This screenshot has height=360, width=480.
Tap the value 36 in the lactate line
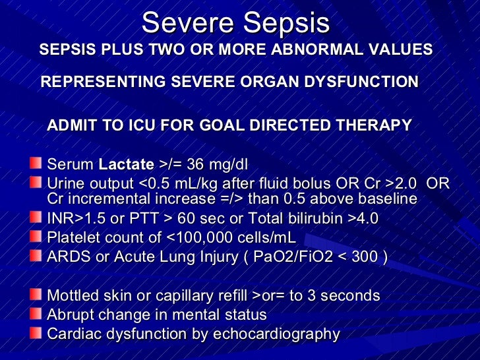coord(196,164)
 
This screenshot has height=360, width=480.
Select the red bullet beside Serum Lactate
coord(35,163)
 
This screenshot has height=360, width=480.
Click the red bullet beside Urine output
coord(35,181)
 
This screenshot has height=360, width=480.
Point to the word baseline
coord(384,199)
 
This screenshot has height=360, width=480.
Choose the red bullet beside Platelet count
coord(35,236)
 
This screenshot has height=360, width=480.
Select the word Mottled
coord(73,296)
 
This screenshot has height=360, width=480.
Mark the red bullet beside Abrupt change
coord(35,313)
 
